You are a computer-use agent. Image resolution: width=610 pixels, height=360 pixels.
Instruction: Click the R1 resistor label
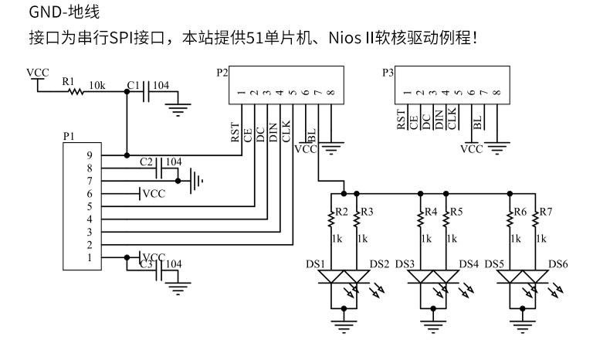pos(68,80)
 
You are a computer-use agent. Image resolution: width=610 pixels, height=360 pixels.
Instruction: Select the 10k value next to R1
pos(98,84)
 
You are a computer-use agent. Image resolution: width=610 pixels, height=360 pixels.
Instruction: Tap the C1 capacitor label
pos(134,85)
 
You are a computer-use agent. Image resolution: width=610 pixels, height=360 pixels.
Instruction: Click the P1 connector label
pos(69,136)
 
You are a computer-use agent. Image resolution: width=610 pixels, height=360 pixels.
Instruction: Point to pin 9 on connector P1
pos(90,155)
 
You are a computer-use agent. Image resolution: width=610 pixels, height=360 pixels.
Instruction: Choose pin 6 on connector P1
pos(90,193)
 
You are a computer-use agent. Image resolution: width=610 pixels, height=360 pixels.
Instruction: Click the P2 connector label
pos(222,72)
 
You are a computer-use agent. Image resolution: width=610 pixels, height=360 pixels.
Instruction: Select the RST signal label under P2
pos(236,133)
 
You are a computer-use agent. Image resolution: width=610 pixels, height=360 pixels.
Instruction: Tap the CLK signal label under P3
pos(452,118)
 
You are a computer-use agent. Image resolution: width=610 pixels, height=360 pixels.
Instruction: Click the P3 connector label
pos(388,72)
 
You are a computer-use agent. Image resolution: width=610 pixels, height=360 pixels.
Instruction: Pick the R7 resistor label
pos(546,212)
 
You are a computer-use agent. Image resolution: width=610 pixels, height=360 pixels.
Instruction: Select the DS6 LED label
pos(559,264)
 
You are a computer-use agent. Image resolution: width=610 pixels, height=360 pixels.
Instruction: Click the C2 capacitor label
pos(147,161)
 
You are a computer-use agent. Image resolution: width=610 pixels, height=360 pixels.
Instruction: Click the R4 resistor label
pos(431,212)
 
